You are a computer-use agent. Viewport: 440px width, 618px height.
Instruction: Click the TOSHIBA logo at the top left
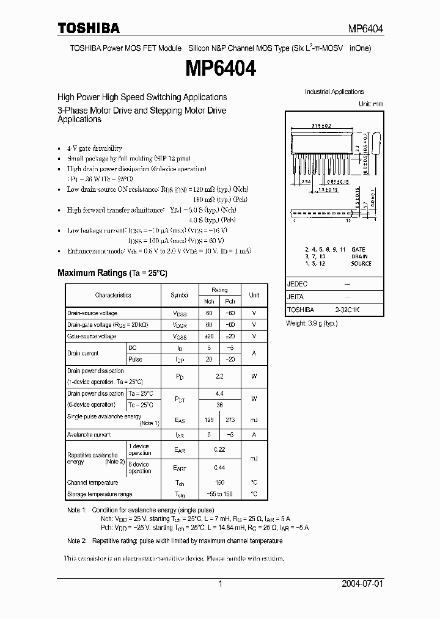tap(89, 28)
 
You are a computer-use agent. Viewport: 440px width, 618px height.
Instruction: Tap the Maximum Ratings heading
tap(112, 273)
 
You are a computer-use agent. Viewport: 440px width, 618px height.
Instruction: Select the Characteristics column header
tap(113, 295)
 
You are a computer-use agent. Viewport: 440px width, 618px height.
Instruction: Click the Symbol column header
tap(179, 295)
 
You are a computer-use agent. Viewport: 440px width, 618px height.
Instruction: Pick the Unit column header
tap(254, 295)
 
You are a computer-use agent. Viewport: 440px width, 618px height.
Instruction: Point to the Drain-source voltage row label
tap(92, 313)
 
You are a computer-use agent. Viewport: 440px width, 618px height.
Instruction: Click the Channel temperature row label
tap(93, 482)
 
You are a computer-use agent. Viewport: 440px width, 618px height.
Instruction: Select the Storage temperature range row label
tap(100, 494)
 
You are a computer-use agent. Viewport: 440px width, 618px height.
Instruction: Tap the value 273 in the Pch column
tap(230, 420)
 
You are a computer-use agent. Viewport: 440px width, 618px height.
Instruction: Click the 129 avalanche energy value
tap(209, 420)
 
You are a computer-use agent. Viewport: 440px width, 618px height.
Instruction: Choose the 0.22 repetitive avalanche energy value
tap(219, 450)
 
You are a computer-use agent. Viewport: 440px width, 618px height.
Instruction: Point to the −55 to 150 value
tap(219, 494)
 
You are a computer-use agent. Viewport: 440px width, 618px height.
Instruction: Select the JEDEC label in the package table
tap(297, 285)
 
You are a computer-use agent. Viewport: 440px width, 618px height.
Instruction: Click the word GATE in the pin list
tap(359, 250)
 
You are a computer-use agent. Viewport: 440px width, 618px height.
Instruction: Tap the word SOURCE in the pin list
tap(361, 263)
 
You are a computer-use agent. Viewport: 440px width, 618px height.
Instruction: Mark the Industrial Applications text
tap(334, 92)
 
